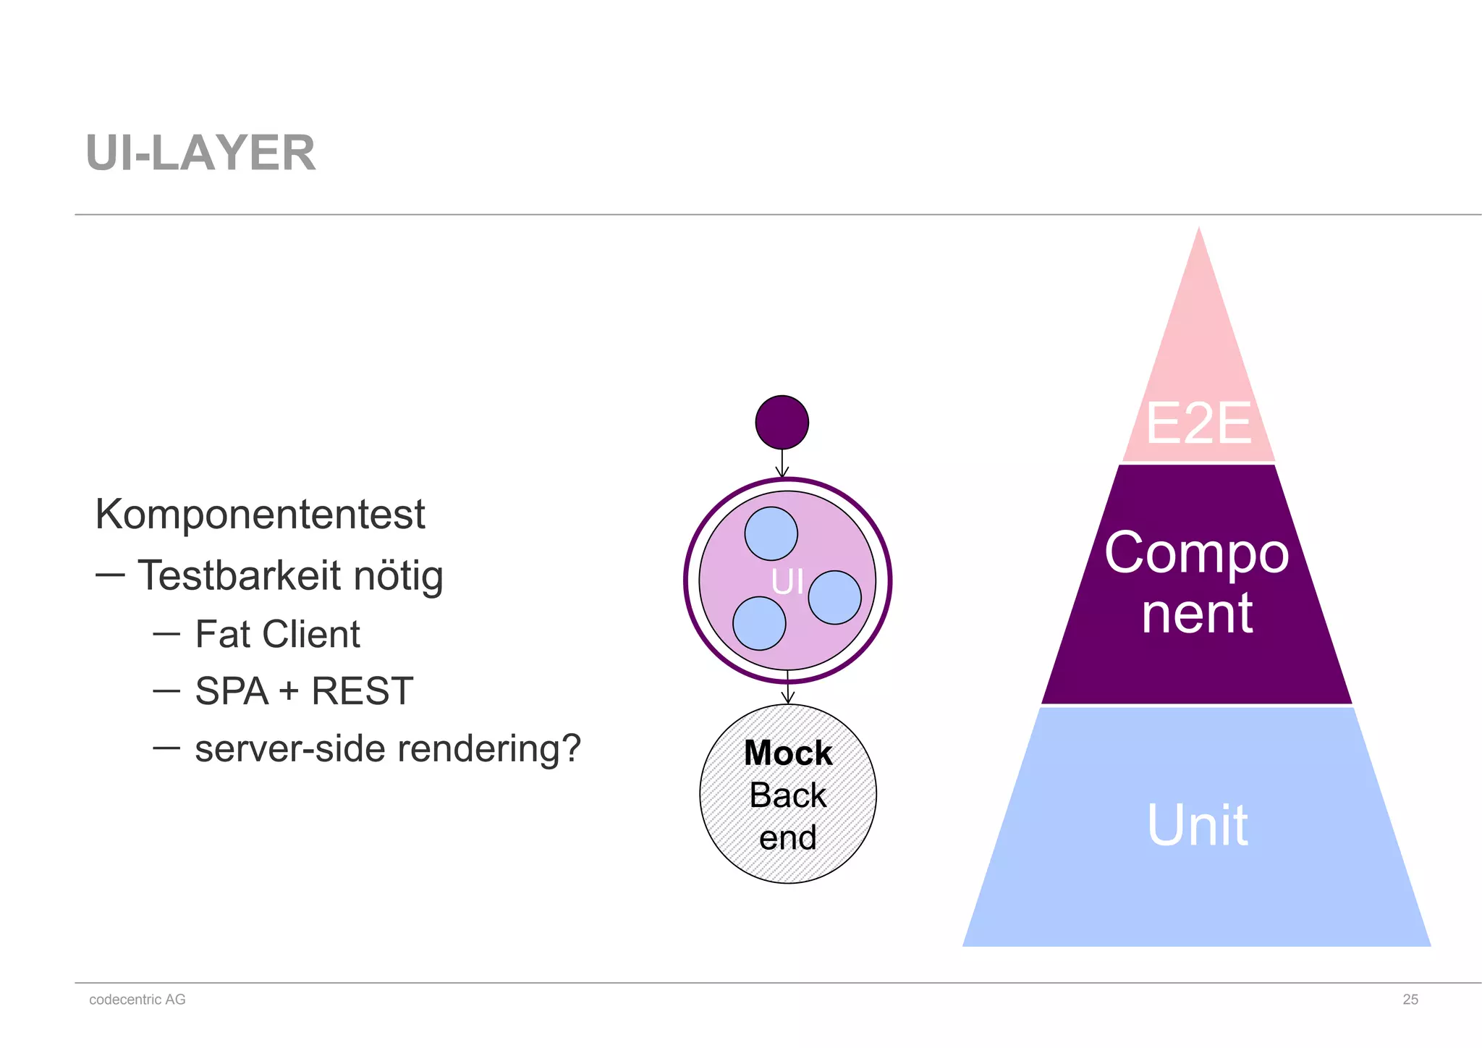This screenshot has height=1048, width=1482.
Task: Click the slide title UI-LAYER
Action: (200, 153)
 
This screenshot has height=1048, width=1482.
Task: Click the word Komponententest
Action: (260, 515)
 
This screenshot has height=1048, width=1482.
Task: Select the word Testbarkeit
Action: (239, 576)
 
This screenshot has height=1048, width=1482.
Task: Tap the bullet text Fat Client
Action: (277, 635)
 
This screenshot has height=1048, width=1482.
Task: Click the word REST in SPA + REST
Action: (362, 691)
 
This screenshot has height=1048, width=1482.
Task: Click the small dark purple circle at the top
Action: (782, 422)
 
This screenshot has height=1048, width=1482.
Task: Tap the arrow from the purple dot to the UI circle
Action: (782, 463)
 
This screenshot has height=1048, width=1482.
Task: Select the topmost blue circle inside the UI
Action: (771, 533)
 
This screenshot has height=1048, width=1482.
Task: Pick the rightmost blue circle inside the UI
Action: (834, 597)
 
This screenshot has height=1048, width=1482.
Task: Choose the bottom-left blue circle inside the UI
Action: (759, 623)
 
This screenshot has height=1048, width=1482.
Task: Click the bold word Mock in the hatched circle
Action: (788, 753)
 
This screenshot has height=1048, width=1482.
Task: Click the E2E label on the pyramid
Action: (1198, 423)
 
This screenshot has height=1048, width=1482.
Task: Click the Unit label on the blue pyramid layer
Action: (1198, 825)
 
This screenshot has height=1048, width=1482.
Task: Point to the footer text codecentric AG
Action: (137, 1000)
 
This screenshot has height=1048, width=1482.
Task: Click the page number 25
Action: (1410, 1000)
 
